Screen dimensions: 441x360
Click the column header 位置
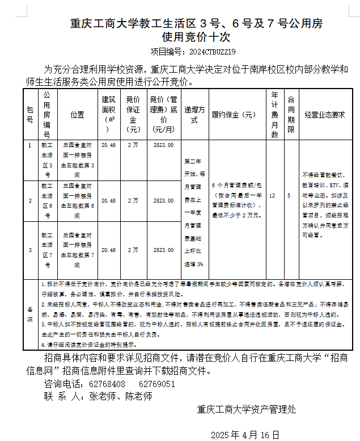pyautogui.click(x=78, y=114)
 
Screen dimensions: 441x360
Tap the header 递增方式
pyautogui.click(x=194, y=114)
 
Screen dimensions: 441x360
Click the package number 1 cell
pyautogui.click(x=29, y=145)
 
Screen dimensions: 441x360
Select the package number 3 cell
pyautogui.click(x=29, y=250)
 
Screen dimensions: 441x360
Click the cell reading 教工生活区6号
pyautogui.click(x=47, y=200)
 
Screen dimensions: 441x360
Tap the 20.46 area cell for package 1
pyautogui.click(x=108, y=145)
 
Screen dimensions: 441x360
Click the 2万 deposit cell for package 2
pyautogui.click(x=133, y=200)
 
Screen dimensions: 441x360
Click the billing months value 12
pyautogui.click(x=273, y=195)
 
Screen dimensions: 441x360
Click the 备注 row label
pyautogui.click(x=30, y=314)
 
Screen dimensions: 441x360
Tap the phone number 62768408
pyautogui.click(x=107, y=384)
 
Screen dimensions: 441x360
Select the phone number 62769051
pyautogui.click(x=156, y=384)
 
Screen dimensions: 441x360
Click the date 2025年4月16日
pyautogui.click(x=245, y=435)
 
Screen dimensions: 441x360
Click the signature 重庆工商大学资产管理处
pyautogui.click(x=247, y=409)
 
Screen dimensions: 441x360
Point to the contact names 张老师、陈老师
pyautogui.click(x=121, y=397)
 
